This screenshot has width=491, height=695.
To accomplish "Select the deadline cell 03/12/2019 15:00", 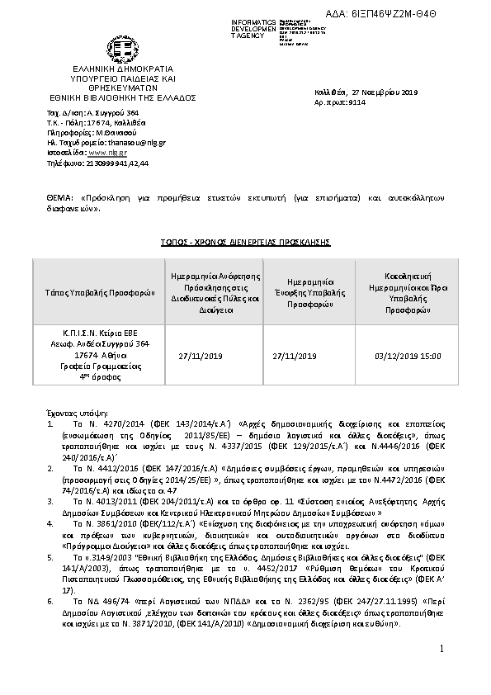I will (408, 357).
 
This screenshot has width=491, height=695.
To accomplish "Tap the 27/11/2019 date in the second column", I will (201, 357).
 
